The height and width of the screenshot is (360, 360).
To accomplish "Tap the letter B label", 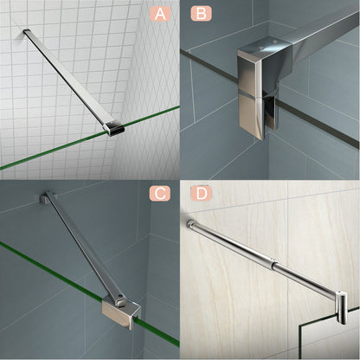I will point(200,13).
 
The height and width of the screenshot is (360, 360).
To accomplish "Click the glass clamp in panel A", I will point(113,128).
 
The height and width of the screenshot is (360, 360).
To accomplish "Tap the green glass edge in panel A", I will point(52,151).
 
